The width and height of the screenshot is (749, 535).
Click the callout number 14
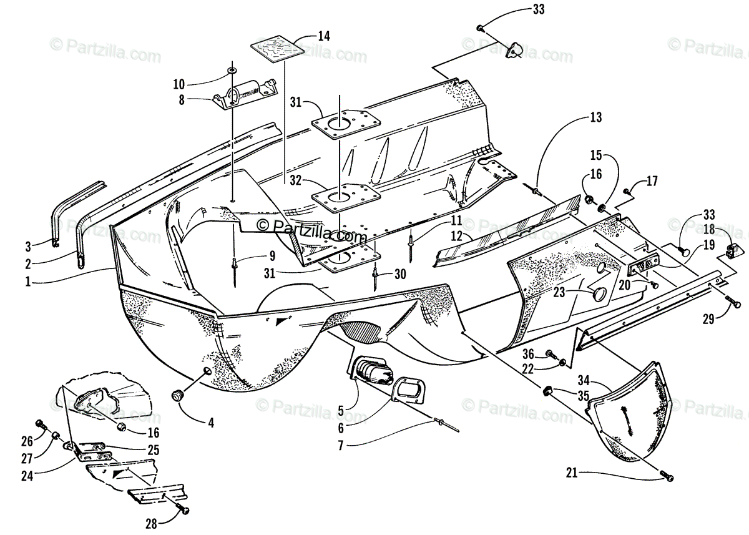(323, 36)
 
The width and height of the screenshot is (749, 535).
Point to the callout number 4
(211, 423)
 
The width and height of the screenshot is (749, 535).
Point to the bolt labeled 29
(735, 304)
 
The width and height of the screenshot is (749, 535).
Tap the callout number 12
(456, 236)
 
